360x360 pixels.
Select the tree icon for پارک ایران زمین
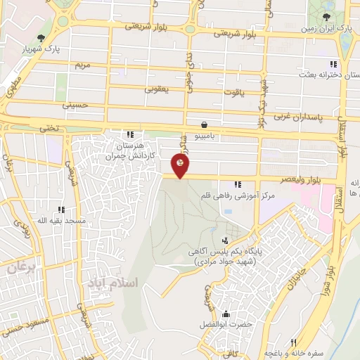tap(326, 17)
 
